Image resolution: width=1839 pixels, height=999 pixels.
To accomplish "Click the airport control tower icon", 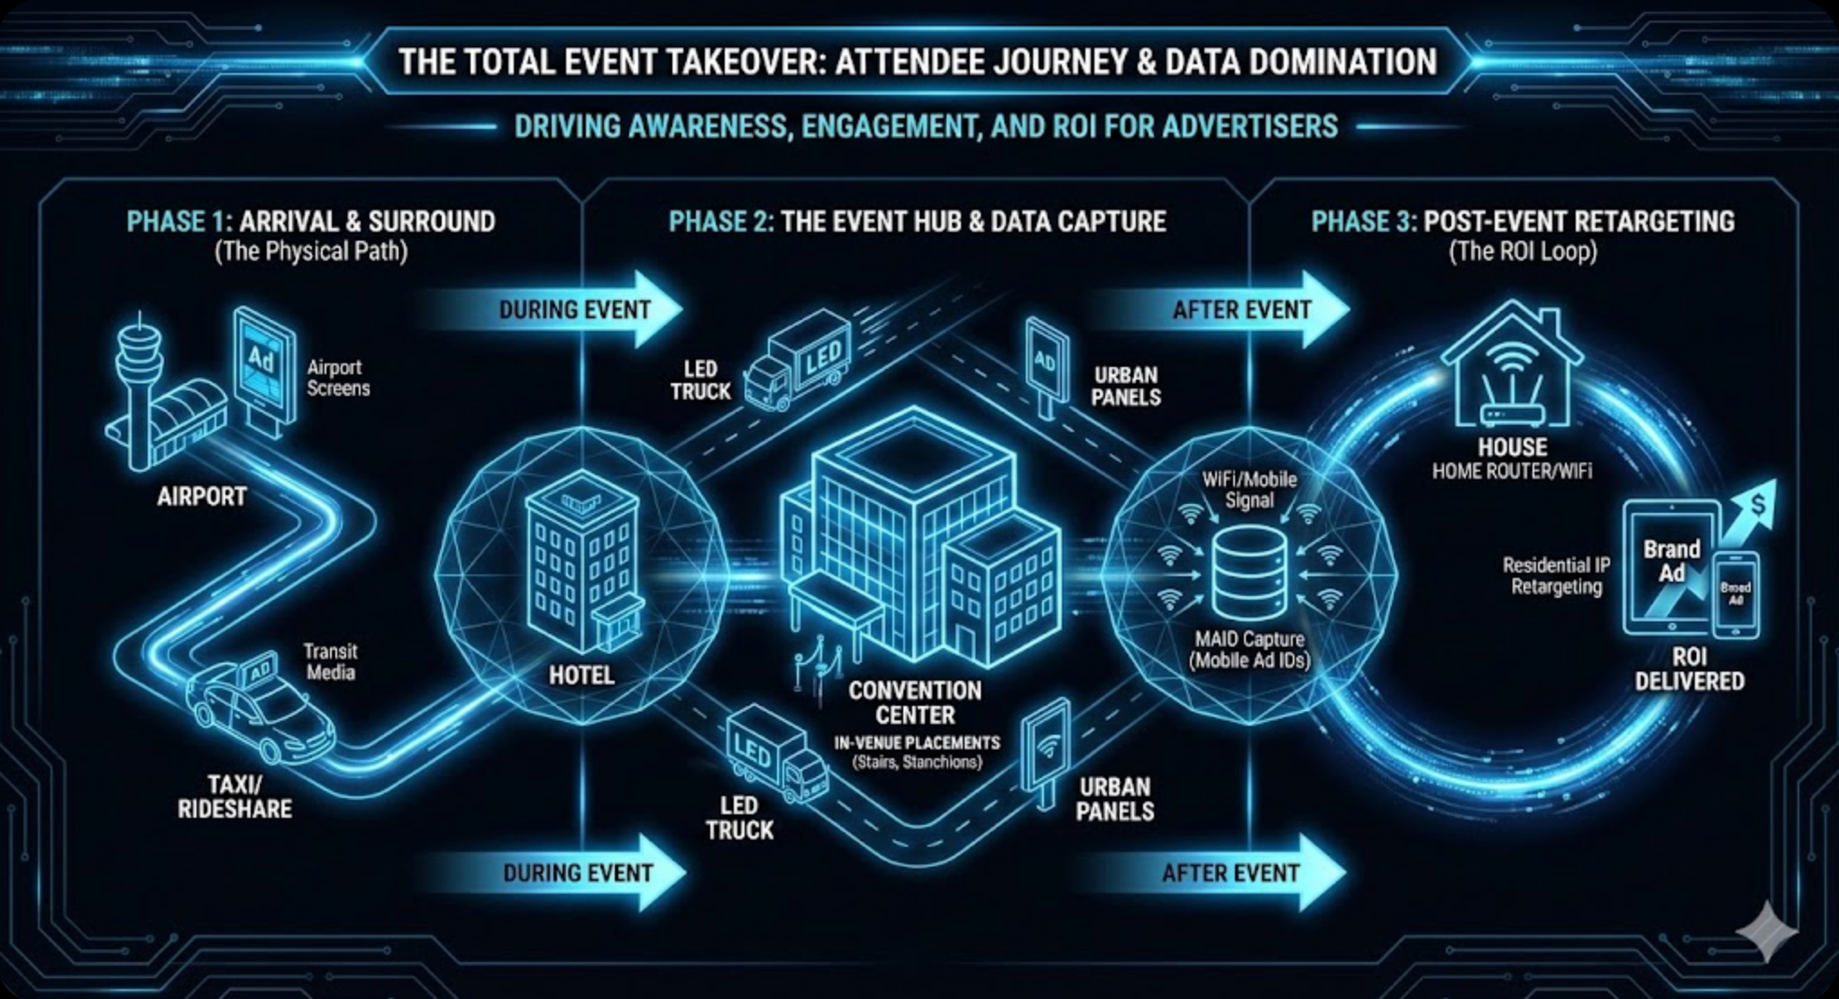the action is tap(140, 388).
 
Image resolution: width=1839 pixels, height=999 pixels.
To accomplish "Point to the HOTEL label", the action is tap(581, 674).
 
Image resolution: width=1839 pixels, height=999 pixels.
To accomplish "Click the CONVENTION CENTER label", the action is tap(915, 703).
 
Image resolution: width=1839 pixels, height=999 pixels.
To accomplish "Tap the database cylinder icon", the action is tap(1249, 573).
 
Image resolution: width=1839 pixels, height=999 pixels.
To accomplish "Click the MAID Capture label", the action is tap(1249, 649).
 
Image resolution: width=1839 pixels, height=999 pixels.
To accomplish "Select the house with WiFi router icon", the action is tap(1512, 370).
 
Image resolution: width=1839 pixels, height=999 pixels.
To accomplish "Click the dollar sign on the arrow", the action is tap(1759, 505).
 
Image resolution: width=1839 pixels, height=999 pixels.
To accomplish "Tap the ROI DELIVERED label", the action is tap(1689, 669).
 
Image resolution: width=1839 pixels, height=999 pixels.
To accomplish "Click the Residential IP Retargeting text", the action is tap(1556, 576).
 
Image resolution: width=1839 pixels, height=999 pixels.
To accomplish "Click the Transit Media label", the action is tap(330, 662).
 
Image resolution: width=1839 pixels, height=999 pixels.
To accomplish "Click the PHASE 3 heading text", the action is tap(1523, 222).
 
